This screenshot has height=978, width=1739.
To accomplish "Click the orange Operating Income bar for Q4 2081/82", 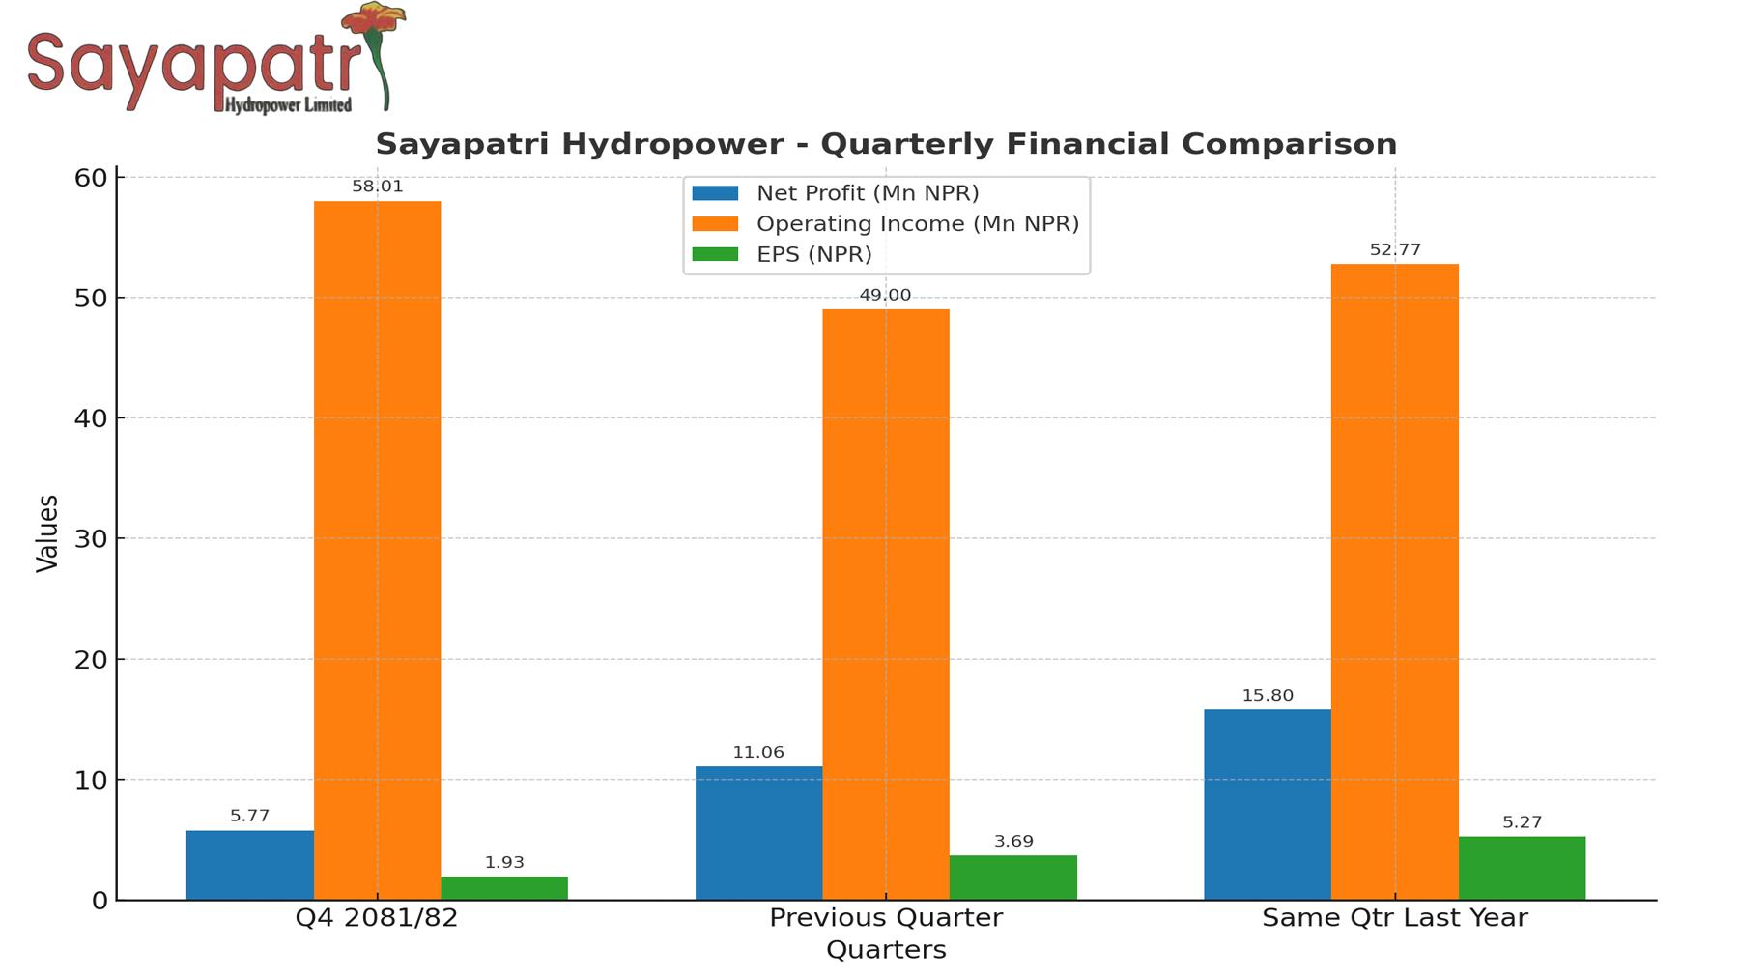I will click(x=377, y=550).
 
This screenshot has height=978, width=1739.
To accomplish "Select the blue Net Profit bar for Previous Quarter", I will click(x=758, y=833).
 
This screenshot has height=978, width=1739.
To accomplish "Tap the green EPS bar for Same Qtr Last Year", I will click(x=1522, y=868).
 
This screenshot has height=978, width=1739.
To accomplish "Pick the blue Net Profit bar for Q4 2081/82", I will click(x=249, y=865).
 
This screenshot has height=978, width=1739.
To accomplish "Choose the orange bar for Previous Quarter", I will click(x=885, y=604).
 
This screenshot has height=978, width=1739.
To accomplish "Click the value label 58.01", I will click(x=377, y=187).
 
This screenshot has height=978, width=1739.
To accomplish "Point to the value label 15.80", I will click(x=1267, y=696).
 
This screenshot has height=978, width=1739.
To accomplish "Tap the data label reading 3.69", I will click(x=1013, y=842).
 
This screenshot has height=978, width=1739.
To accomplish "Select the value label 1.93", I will click(x=504, y=862).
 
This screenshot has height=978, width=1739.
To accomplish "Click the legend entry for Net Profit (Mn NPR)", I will click(x=867, y=193).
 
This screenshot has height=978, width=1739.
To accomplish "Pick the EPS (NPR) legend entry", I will click(x=813, y=254).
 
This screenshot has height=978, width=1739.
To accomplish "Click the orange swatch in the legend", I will click(x=715, y=224).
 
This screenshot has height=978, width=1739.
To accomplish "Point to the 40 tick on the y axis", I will click(x=90, y=418).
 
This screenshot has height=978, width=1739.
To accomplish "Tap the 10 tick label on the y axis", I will click(x=90, y=780).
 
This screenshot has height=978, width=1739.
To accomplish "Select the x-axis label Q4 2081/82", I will click(x=377, y=917).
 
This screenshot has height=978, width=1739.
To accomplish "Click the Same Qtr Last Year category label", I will click(x=1394, y=917).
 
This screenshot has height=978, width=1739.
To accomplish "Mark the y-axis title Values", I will click(x=47, y=533).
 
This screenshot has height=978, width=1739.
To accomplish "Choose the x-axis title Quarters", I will click(x=885, y=949).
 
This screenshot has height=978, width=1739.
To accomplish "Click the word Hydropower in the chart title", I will click(x=674, y=144).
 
